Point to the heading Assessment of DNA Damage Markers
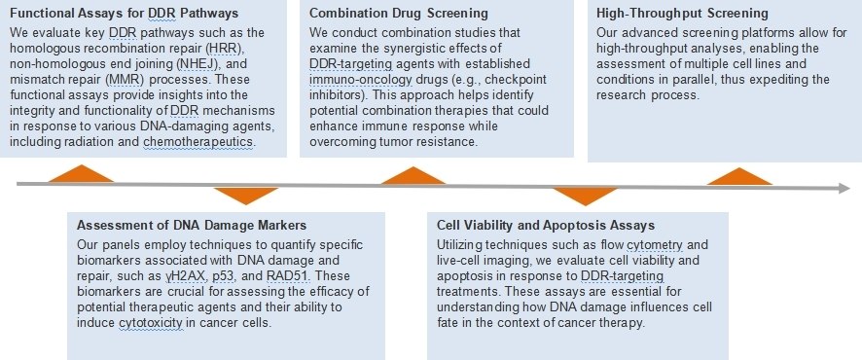coord(191,226)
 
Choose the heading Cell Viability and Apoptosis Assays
coord(546,226)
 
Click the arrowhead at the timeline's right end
coord(844,189)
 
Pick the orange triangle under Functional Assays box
coord(82,173)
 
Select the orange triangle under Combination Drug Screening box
coord(413,175)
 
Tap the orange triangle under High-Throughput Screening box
coord(739,176)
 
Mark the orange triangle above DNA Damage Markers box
coord(246,196)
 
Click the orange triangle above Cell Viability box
coord(586,197)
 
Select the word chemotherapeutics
coord(199,142)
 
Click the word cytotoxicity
coord(150,323)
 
